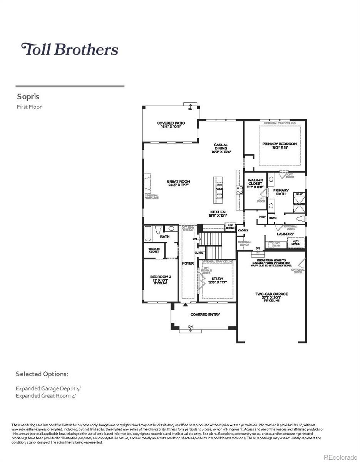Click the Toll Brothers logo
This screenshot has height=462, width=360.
click(x=69, y=49)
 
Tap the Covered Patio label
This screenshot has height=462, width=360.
click(x=171, y=123)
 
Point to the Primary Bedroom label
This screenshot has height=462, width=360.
click(x=280, y=144)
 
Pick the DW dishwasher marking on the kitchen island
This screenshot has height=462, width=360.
click(x=219, y=186)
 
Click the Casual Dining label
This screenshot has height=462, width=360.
click(x=221, y=147)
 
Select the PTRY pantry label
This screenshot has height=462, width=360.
click(x=262, y=217)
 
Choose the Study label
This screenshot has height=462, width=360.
click(x=218, y=279)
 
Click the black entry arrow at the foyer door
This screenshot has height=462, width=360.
click(x=185, y=305)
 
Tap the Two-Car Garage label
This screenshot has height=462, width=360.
click(x=271, y=294)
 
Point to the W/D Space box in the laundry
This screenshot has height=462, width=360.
click(x=296, y=243)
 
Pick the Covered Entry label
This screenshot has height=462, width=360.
click(x=205, y=315)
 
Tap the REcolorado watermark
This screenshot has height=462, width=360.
click(x=340, y=457)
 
